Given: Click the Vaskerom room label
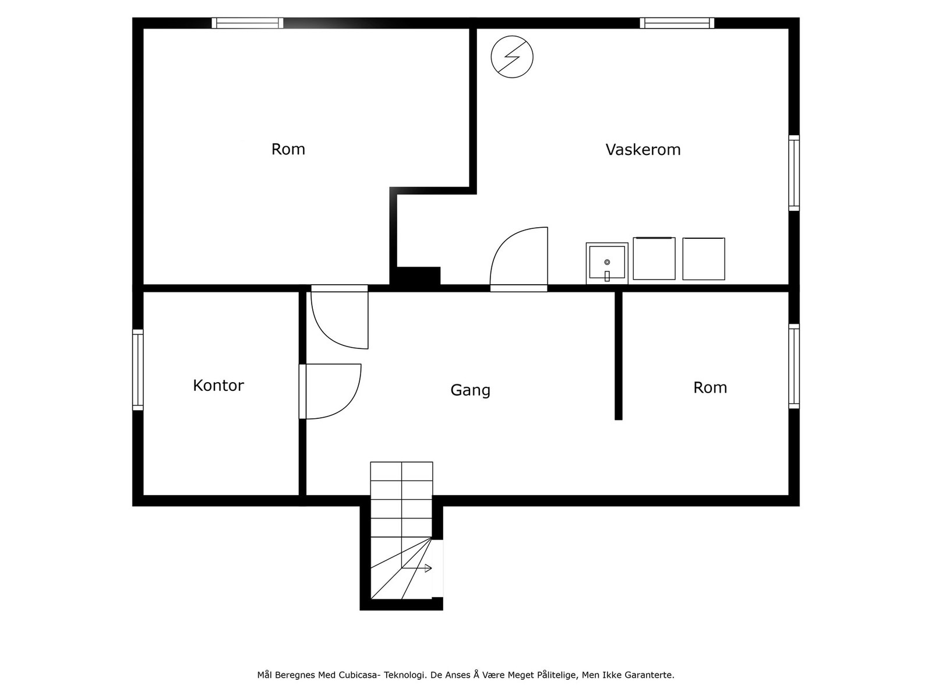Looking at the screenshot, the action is [643, 149].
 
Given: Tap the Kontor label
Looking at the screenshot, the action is [218, 386].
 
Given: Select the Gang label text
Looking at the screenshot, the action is [471, 390].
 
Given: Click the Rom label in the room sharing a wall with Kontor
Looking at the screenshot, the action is [288, 149].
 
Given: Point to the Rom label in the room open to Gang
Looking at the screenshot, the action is [710, 387].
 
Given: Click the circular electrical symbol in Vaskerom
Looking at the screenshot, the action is [512, 57].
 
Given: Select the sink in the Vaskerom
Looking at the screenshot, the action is [607, 263].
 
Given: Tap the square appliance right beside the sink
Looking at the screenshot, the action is [654, 259].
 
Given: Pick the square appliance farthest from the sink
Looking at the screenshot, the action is [704, 259].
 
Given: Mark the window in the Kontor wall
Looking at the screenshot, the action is [138, 370].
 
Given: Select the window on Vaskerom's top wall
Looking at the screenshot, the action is [677, 23].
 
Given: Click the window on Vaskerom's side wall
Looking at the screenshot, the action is [794, 173].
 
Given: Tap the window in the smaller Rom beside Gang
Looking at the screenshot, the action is [794, 366].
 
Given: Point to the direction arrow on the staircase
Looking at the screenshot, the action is [417, 568].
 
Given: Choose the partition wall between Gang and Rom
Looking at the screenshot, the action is [619, 356].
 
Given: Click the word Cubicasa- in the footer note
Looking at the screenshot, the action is [358, 675].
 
